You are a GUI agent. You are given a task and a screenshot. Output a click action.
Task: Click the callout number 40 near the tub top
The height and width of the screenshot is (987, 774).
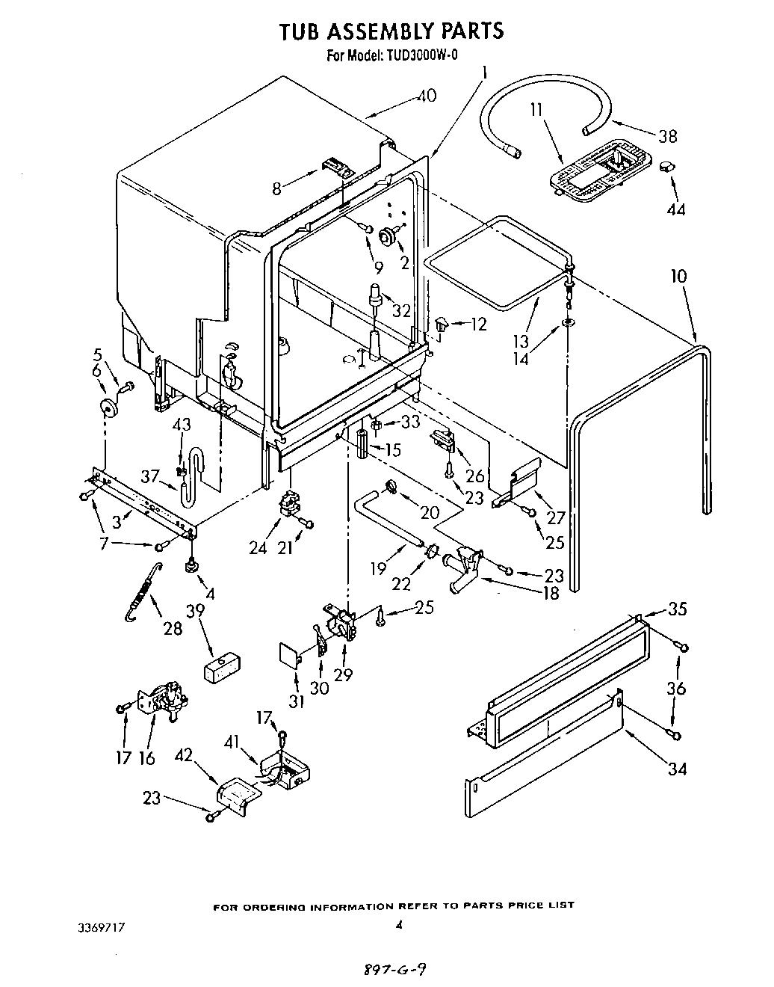(x=427, y=96)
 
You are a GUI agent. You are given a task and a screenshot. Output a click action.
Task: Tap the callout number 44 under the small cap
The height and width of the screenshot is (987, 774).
(x=675, y=210)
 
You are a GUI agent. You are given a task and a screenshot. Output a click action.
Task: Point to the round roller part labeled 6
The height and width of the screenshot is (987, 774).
(x=110, y=408)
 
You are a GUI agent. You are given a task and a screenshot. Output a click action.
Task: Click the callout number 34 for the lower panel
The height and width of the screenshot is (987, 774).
(x=677, y=768)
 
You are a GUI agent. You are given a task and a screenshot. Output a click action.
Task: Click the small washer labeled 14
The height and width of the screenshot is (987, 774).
(x=569, y=323)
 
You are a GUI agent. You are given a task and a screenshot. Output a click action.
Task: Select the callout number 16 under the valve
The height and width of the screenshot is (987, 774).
(x=148, y=757)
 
